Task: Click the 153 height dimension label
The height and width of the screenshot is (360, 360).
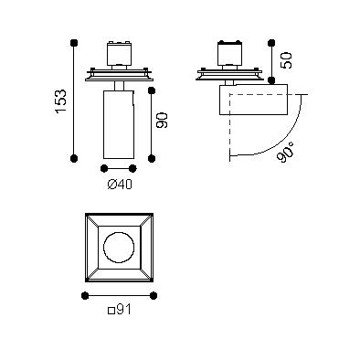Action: click(61, 101)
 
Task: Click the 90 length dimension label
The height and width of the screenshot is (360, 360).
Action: click(162, 120)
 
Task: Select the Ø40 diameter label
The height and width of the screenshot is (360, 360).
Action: click(120, 184)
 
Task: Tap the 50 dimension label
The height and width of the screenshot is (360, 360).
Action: click(287, 60)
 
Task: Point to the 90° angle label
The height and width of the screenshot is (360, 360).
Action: click(286, 152)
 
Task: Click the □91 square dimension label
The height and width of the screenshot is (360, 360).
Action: click(120, 310)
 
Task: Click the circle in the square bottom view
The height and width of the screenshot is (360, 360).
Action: click(119, 248)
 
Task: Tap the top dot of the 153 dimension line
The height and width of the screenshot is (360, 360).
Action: click(73, 43)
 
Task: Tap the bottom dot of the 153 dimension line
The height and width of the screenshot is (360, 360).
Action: click(74, 158)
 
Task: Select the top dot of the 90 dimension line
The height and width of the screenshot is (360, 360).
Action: click(152, 90)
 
